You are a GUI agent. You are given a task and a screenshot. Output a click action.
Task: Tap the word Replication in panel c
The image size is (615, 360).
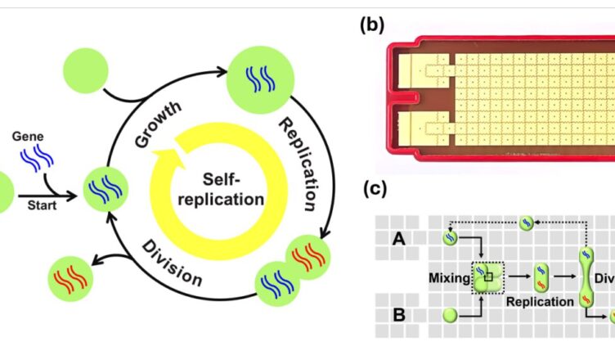pos(540,302)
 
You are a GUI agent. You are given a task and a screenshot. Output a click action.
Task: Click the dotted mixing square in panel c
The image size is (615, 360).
pos(488,278)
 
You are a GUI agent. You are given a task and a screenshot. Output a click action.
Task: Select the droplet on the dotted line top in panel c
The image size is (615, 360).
pos(527,222)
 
